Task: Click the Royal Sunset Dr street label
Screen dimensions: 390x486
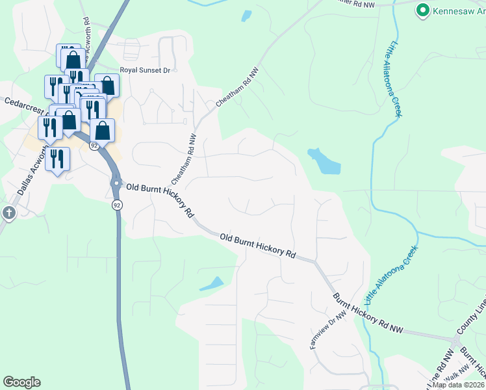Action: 144,70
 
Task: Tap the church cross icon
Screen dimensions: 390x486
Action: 8,213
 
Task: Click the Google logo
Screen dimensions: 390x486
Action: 21,382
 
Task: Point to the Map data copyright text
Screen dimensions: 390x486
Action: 458,385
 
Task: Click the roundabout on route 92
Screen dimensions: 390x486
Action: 116,183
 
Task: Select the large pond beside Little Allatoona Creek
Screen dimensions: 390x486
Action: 323,161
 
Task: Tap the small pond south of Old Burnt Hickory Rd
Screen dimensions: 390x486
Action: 212,284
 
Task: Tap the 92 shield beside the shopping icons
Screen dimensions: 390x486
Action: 94,146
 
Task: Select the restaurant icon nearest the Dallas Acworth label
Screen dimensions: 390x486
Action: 57,159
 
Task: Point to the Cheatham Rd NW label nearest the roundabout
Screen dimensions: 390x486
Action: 183,159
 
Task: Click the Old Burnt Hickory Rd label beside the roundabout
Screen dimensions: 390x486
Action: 160,199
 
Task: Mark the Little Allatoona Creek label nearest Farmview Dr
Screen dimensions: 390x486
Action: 390,275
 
